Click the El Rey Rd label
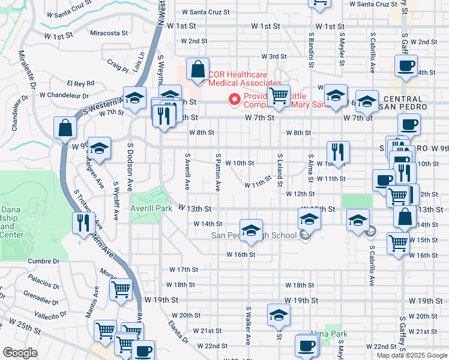click(x=80, y=83)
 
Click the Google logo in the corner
click(x=20, y=353)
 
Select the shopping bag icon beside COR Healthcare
click(x=197, y=70)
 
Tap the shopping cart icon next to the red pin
click(x=279, y=95)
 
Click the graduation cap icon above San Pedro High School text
click(x=251, y=229)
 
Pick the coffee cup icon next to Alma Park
click(x=307, y=345)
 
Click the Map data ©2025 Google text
click(x=411, y=355)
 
